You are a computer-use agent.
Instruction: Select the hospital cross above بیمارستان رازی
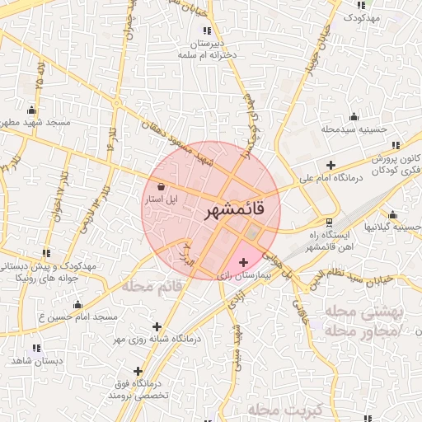[x=242, y=263]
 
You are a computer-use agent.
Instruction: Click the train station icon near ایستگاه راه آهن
[x=330, y=223]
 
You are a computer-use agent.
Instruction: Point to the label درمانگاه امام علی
[x=330, y=176]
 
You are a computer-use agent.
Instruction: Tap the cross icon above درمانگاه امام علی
[x=331, y=165]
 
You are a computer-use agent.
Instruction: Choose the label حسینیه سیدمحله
[x=354, y=129]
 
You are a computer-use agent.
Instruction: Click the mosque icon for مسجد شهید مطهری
[x=32, y=110]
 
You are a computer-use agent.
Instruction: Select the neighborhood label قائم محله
[x=152, y=287]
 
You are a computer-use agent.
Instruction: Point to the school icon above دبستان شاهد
[x=35, y=348]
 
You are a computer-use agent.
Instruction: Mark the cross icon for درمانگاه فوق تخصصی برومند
[x=138, y=371]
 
